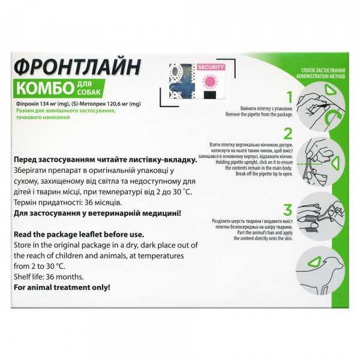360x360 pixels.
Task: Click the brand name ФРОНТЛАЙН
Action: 77,67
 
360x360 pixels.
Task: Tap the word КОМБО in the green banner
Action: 45,88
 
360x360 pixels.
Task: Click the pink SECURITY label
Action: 211,67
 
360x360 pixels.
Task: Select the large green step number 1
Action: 290,97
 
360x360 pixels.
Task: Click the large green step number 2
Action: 288,134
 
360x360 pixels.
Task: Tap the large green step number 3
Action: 288,210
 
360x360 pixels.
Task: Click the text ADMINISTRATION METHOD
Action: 320,76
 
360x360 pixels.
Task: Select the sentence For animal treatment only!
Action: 62,287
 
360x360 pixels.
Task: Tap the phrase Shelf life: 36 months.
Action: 49,277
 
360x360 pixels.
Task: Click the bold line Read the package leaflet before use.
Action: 79,235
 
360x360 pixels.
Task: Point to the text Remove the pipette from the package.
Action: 259,115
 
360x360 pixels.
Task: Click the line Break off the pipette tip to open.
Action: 264,174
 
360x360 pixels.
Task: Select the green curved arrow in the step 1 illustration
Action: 334,117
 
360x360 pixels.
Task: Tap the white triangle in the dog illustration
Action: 314,262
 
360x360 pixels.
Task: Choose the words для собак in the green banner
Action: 88,88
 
